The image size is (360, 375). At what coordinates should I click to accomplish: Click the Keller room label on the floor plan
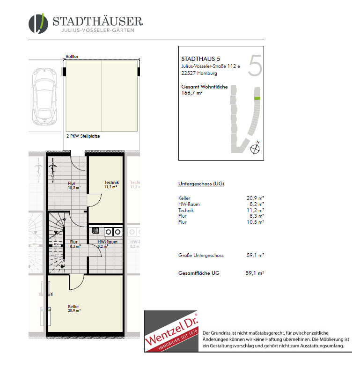point(73,306)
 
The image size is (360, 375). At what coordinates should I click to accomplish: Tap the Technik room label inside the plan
point(111,183)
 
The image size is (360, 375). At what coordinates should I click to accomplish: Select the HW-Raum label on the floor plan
point(107,242)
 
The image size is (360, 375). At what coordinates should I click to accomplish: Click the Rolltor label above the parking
point(72,57)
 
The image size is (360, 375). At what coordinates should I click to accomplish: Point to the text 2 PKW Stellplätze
point(83,136)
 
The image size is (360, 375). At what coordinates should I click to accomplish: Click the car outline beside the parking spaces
point(45,96)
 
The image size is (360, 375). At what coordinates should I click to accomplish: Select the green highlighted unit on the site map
point(257,98)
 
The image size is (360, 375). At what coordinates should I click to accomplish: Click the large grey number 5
point(255,66)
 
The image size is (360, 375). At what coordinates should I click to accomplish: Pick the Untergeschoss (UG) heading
point(201,184)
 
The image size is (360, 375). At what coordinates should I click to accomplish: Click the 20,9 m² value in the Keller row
point(255,198)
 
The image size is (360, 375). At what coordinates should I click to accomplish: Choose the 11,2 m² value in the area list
point(255,210)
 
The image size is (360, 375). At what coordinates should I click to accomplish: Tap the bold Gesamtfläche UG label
point(199,273)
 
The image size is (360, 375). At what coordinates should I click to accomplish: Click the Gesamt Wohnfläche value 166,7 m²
point(192,93)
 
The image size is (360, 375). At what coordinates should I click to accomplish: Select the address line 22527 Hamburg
point(199,73)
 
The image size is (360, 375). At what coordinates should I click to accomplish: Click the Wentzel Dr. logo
point(171,331)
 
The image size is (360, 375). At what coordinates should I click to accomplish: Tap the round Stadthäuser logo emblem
point(38,23)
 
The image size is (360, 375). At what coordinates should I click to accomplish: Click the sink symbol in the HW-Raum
point(96,230)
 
